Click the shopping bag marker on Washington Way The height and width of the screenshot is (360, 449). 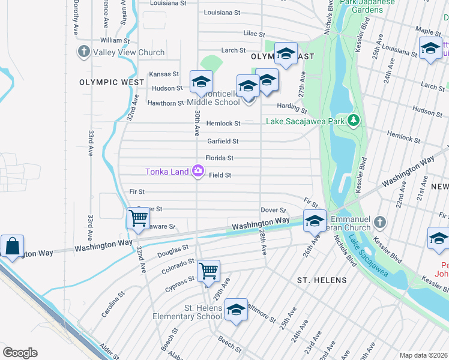coord(12,247)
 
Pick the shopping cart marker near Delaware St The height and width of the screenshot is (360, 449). coord(139,218)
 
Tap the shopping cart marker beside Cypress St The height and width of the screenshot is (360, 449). coord(208,271)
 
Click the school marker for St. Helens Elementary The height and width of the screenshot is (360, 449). coord(236,310)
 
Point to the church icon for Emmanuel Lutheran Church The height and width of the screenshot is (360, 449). coord(379,223)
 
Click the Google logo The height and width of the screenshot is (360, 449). coord(20,352)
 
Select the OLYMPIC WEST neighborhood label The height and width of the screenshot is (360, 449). coord(112,82)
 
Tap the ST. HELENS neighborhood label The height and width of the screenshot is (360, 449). coord(322,280)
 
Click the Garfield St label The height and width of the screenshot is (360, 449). coord(223,142)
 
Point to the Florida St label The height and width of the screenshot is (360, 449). coord(219,158)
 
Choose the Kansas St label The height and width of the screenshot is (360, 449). coord(164,74)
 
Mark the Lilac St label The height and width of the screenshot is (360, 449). coord(254,34)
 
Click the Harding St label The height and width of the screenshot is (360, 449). coord(292,108)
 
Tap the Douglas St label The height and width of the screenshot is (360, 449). coord(173,250)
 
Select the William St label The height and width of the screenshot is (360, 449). coord(115,40)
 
